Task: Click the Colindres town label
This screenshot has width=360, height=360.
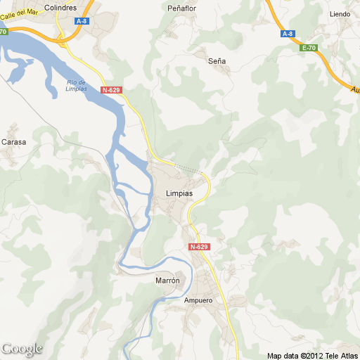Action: coord(59,8)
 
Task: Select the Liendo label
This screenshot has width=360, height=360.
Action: coord(340,13)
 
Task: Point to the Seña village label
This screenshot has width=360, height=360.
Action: coord(217,61)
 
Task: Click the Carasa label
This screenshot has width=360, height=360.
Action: coord(13,142)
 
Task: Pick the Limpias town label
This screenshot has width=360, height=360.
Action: coord(179,193)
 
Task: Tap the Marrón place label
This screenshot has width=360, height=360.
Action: coord(167,280)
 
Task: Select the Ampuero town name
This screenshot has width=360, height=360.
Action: coord(198,300)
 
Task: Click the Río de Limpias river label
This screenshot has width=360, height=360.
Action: coord(76,86)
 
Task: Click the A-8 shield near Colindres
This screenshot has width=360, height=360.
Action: coord(82,21)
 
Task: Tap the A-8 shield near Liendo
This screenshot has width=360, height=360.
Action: coord(287,34)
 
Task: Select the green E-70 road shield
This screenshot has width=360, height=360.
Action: coord(308,48)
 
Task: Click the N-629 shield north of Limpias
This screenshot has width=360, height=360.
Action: coord(111,90)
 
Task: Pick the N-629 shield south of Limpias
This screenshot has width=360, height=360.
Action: coord(199,247)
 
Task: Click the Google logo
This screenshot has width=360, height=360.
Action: coord(22,349)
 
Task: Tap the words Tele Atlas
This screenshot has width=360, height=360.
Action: coord(340,355)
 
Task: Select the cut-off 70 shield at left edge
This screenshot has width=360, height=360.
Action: coord(4,32)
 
